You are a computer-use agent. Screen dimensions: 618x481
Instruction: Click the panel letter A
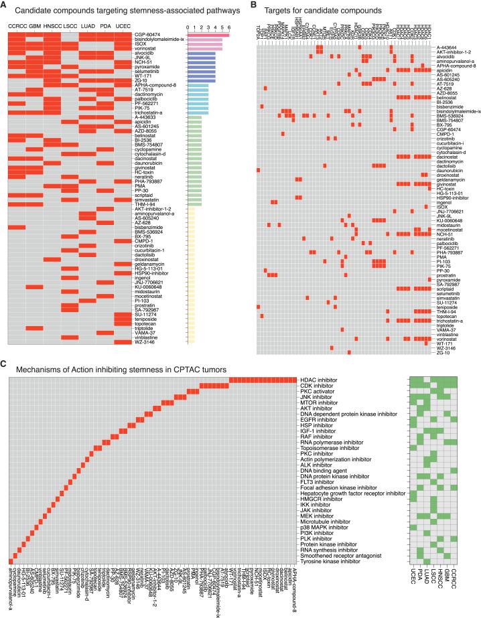pyautogui.click(x=5, y=7)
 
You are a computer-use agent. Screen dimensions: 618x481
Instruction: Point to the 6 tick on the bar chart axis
pyautogui.click(x=229, y=28)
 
